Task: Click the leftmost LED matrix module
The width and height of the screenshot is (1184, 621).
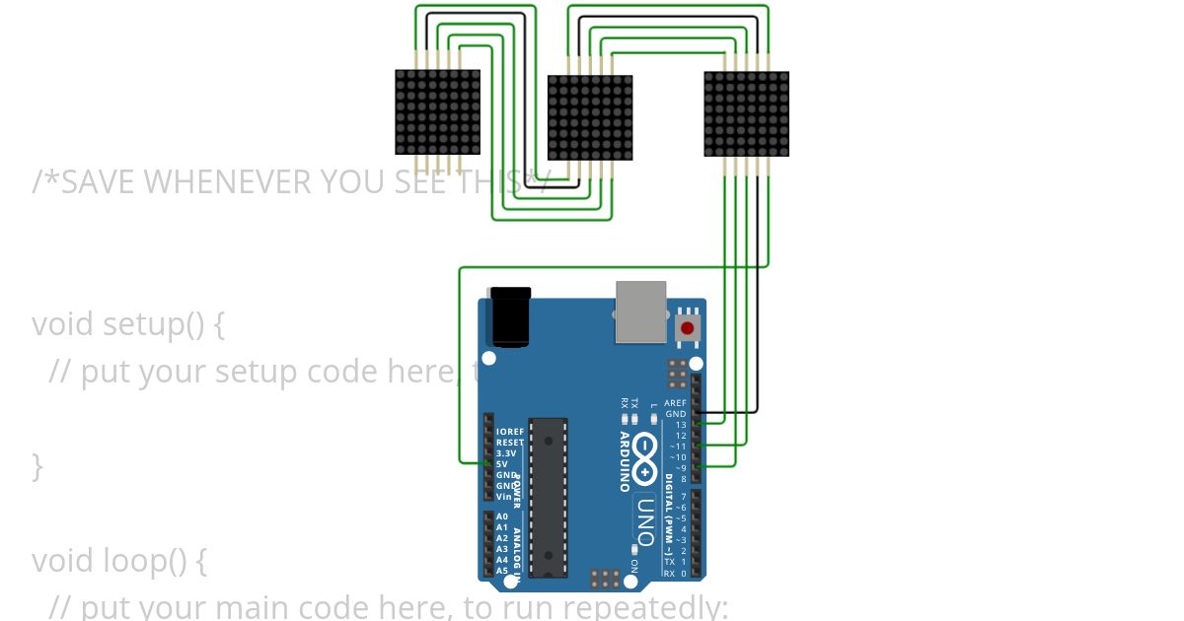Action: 438,111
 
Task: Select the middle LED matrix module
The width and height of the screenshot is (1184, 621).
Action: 590,117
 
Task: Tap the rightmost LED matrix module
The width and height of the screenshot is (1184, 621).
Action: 746,113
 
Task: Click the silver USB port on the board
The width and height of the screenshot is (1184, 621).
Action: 641,311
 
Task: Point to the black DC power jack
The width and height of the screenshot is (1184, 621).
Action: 511,316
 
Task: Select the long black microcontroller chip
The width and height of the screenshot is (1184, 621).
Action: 549,497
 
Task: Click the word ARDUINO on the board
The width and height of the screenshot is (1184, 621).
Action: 625,460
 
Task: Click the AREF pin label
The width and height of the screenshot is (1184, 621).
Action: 675,403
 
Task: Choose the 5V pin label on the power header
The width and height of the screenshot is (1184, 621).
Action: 501,464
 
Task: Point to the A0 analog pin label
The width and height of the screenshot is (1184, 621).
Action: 502,517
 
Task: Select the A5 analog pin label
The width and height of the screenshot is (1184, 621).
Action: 502,571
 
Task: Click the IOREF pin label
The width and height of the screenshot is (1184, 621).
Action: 509,432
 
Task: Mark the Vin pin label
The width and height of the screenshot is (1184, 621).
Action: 503,497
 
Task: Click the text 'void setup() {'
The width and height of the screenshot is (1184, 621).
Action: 128,323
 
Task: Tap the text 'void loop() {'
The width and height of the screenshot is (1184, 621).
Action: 119,560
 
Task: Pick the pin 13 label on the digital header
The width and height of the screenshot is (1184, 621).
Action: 680,425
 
